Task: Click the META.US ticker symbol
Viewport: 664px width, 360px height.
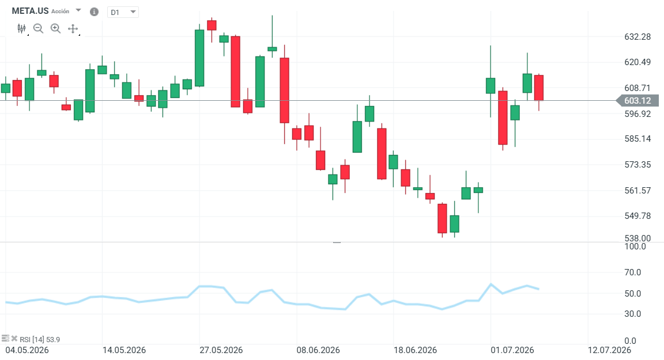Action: (x=30, y=11)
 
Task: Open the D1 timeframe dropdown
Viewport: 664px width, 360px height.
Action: (x=123, y=12)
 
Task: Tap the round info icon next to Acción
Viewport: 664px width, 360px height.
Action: (x=94, y=12)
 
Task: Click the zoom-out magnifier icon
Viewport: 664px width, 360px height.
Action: (x=38, y=28)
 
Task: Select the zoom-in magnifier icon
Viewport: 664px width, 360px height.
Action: (x=55, y=28)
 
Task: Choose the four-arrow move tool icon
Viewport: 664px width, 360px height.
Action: (x=73, y=29)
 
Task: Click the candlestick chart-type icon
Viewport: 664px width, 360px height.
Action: (x=21, y=28)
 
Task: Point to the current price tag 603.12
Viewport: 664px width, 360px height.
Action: (x=637, y=101)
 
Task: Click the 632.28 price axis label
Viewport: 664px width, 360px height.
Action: (x=637, y=37)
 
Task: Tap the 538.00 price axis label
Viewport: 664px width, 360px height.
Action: (x=637, y=238)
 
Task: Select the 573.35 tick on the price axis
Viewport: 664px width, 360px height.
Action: (x=637, y=165)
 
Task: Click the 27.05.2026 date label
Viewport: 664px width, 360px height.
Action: (x=221, y=350)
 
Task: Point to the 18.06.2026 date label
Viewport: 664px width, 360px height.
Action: (x=415, y=350)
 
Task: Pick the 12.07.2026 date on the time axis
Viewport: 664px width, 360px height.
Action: (x=609, y=350)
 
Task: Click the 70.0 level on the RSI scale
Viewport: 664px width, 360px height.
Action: (x=633, y=272)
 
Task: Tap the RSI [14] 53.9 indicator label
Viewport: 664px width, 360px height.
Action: (x=40, y=339)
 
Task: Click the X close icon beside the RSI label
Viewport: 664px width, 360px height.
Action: (x=14, y=339)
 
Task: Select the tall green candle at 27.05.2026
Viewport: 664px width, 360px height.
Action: (x=199, y=58)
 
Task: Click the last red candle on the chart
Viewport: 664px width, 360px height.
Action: (x=539, y=88)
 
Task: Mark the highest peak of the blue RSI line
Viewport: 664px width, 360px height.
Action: (x=491, y=284)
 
